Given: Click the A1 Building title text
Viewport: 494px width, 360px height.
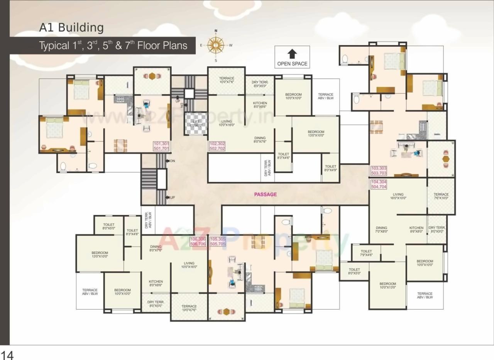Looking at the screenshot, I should pyautogui.click(x=71, y=28).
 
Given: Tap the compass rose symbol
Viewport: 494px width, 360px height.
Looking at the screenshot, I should pyautogui.click(x=216, y=45).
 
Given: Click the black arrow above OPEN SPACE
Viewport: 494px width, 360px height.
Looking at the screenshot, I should pyautogui.click(x=292, y=53).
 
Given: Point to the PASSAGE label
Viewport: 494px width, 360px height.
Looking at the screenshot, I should pyautogui.click(x=265, y=194).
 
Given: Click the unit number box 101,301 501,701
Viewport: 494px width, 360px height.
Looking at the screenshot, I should pyautogui.click(x=161, y=146).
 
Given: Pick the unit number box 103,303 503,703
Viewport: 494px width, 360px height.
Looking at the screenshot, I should pyautogui.click(x=379, y=171).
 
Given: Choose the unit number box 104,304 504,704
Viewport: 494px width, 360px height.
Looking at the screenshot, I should pyautogui.click(x=379, y=184).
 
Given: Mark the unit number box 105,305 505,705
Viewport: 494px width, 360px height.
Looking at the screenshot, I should pyautogui.click(x=217, y=242).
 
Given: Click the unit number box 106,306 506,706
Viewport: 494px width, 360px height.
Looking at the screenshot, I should pyautogui.click(x=198, y=242).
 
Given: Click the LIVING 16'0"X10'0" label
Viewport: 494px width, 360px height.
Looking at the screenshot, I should pyautogui.click(x=398, y=196).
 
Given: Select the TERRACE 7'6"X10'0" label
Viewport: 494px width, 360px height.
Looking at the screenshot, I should pyautogui.click(x=441, y=196).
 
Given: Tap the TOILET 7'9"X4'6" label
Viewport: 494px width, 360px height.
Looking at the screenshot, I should pyautogui.click(x=366, y=253).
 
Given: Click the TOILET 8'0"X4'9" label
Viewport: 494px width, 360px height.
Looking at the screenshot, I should pyautogui.click(x=330, y=168).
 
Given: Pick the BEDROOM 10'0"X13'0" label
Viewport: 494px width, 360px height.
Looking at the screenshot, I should pyautogui.click(x=387, y=286).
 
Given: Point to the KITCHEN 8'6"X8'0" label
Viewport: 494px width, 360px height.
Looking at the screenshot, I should pyautogui.click(x=416, y=230).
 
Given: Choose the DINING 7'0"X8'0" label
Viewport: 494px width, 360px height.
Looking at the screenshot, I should pyautogui.click(x=381, y=230).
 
